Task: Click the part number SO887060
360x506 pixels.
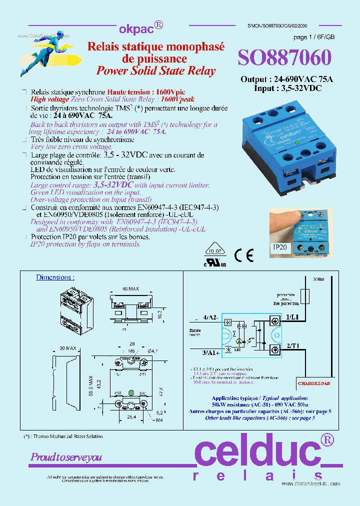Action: (x=284, y=58)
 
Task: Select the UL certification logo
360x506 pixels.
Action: (x=214, y=262)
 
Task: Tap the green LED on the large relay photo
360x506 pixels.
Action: (x=296, y=142)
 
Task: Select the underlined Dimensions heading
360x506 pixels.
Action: (x=55, y=277)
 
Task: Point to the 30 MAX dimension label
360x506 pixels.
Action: (x=67, y=348)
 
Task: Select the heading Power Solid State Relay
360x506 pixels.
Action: (x=156, y=70)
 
